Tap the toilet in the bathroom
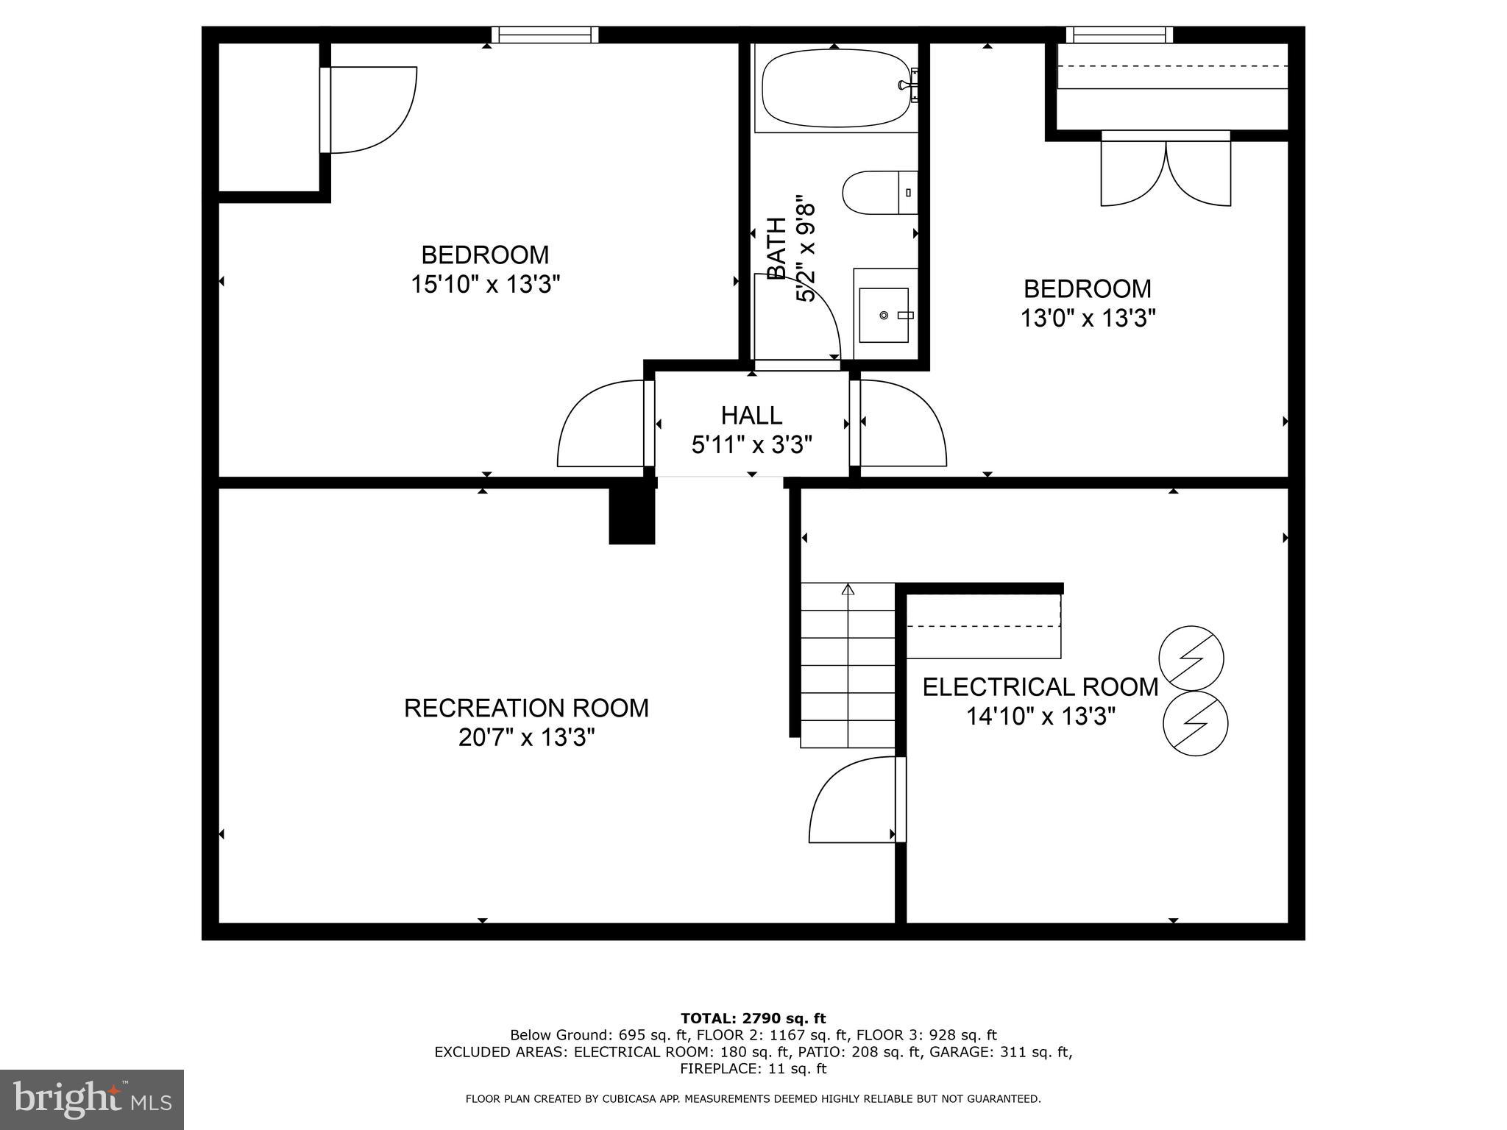click(880, 193)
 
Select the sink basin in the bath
click(884, 315)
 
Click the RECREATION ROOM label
click(526, 708)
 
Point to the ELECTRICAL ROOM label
click(1040, 687)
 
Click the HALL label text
click(751, 416)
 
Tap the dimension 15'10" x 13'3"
click(486, 284)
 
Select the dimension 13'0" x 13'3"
click(1088, 318)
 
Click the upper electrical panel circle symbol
click(1191, 658)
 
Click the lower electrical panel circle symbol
click(1195, 723)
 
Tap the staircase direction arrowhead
click(848, 589)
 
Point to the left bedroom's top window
click(545, 35)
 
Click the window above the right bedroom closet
click(1119, 35)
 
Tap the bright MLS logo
click(92, 1099)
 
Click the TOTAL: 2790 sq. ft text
click(753, 1018)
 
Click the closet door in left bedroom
click(368, 110)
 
